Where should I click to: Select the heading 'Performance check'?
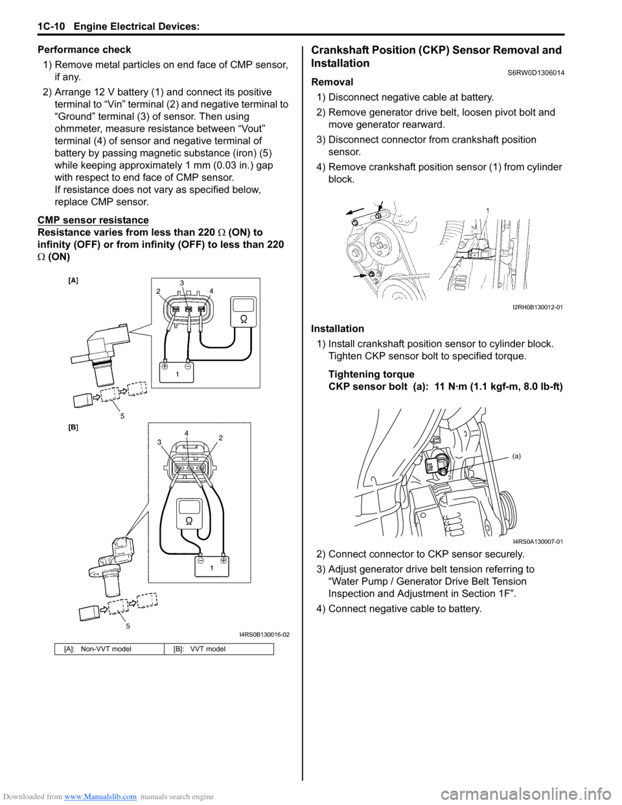pyautogui.click(x=84, y=50)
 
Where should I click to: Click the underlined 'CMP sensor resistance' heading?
pyautogui.click(x=93, y=220)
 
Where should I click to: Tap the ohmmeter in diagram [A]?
pyautogui.click(x=244, y=314)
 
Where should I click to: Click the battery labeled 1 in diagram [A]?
pyautogui.click(x=176, y=371)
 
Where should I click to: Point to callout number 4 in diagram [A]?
pyautogui.click(x=211, y=291)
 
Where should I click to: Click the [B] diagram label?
pyautogui.click(x=73, y=427)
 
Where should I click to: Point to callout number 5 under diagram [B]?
pyautogui.click(x=128, y=626)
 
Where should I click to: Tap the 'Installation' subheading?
pyautogui.click(x=338, y=329)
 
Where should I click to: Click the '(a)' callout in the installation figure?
pyautogui.click(x=516, y=456)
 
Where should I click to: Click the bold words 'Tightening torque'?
pyautogui.click(x=371, y=375)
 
